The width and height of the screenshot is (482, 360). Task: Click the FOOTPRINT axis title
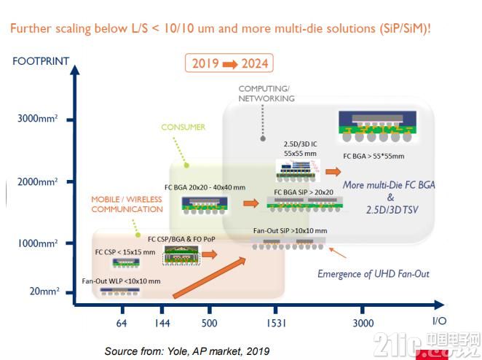(x=40, y=61)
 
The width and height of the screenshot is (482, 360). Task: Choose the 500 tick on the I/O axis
(x=209, y=323)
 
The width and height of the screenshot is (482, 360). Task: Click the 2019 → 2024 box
(x=229, y=63)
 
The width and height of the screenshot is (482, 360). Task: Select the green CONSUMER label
(x=183, y=127)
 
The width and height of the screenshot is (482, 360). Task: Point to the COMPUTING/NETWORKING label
(x=266, y=93)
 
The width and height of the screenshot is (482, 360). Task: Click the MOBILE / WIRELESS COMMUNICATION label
(x=127, y=204)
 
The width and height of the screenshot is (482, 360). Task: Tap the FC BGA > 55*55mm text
(x=378, y=155)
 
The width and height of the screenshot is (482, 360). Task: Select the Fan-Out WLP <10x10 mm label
(x=121, y=281)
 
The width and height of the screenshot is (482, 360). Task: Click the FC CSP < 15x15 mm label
(x=125, y=251)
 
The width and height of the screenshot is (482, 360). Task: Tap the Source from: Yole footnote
(x=186, y=351)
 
